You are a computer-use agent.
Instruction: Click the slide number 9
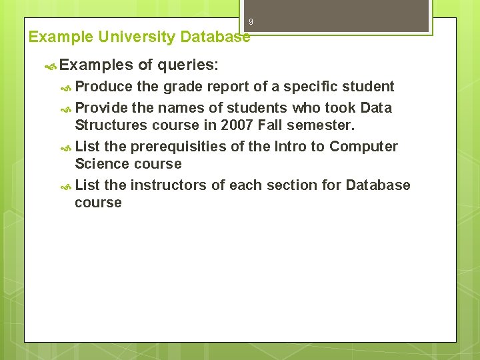pyautogui.click(x=251, y=22)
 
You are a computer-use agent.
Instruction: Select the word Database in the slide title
pyautogui.click(x=215, y=37)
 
